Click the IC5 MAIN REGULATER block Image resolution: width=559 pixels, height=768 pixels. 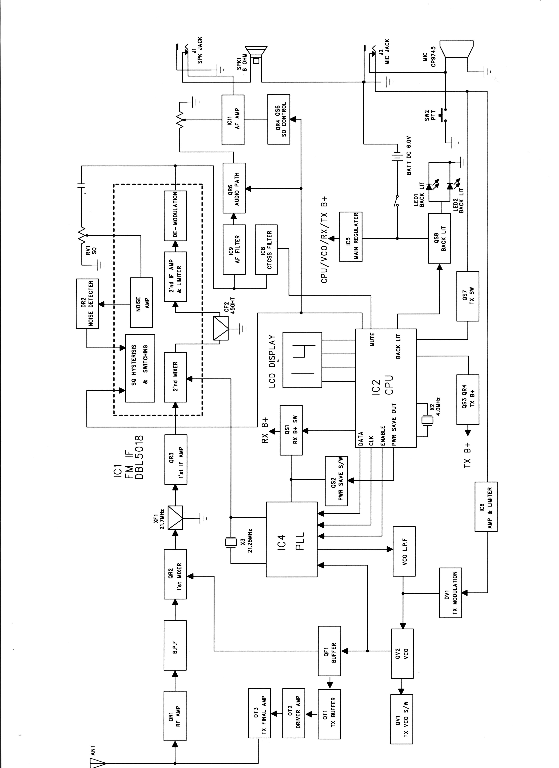coord(351,237)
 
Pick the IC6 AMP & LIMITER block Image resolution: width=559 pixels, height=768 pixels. coord(486,507)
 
